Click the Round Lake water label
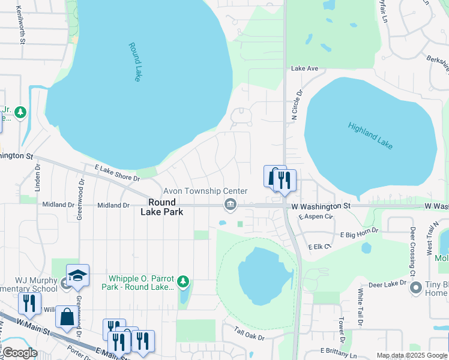pyautogui.click(x=134, y=62)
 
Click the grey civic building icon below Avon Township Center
pyautogui.click(x=229, y=206)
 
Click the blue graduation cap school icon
pyautogui.click(x=77, y=275)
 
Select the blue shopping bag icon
pyautogui.click(x=66, y=316)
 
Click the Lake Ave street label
pyautogui.click(x=304, y=68)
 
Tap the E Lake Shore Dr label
pyautogui.click(x=116, y=174)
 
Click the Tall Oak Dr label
pyautogui.click(x=249, y=332)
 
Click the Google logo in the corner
pyautogui.click(x=19, y=353)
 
